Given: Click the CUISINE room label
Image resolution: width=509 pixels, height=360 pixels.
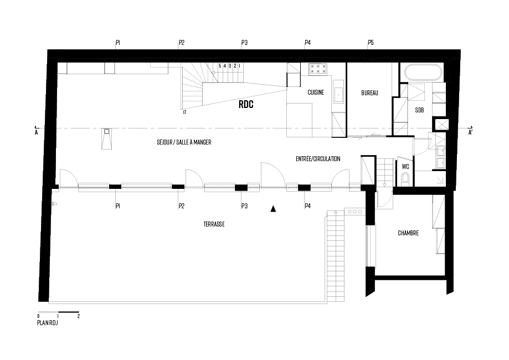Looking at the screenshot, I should point(316,92).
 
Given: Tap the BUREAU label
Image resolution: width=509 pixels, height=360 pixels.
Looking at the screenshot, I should point(369,93).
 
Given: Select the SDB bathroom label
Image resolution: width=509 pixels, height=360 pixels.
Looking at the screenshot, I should point(419,110).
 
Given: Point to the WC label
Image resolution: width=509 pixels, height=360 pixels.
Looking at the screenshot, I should point(404,166).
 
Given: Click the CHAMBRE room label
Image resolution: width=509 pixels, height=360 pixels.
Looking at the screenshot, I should point(408,233).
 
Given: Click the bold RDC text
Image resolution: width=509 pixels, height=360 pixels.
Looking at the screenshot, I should point(246,104).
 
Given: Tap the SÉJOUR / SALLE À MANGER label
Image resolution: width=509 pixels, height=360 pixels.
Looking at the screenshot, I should point(184,142).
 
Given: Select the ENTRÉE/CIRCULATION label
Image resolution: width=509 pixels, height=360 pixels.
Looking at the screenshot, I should point(318,159).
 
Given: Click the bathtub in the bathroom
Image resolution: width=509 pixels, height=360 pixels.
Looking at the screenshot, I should point(424,73).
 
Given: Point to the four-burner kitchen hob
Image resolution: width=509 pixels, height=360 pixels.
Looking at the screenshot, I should point(317,69).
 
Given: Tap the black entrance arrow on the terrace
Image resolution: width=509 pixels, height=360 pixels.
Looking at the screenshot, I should point(273,209).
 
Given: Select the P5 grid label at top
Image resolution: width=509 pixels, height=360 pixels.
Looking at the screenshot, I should point(371,42).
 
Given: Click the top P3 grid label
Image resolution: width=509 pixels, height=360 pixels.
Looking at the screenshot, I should point(244,42).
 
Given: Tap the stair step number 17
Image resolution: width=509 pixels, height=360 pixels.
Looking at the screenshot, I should point(184,112).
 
